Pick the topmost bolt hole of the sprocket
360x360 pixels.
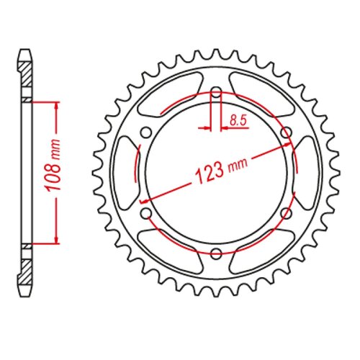pyautogui.click(x=216, y=92)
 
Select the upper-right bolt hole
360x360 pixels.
pyautogui.click(x=285, y=132)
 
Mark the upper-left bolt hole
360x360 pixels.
pyautogui.click(x=147, y=132)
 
